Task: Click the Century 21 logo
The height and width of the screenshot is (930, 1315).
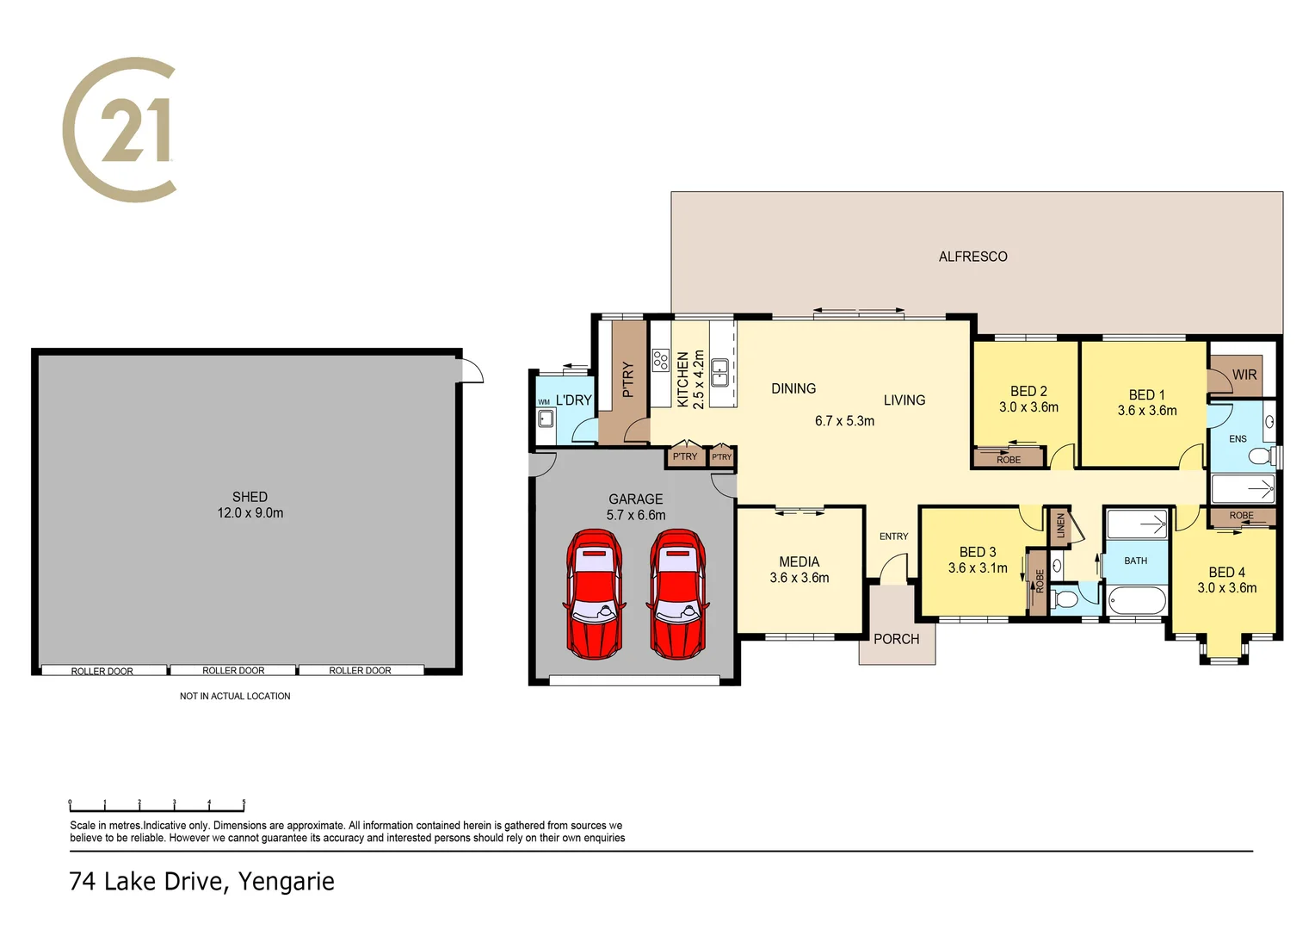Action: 120,130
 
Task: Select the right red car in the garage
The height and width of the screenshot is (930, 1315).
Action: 677,594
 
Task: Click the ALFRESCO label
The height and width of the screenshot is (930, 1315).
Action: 972,257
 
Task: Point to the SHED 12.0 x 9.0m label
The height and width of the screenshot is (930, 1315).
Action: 250,505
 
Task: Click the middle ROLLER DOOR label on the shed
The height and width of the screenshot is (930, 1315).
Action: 233,670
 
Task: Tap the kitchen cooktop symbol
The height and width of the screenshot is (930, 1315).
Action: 661,360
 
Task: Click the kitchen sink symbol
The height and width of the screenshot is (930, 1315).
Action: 719,372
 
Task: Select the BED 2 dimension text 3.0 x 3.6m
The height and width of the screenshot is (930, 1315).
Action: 1028,407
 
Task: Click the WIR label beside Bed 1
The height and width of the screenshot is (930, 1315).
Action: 1244,375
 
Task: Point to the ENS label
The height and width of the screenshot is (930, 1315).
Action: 1238,439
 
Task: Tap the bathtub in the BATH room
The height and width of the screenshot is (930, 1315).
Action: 1136,600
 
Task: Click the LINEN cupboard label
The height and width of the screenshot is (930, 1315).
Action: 1060,525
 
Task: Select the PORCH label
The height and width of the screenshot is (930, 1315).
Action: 896,639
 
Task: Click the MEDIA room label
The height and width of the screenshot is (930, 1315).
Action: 799,561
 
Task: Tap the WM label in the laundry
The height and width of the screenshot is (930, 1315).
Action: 544,402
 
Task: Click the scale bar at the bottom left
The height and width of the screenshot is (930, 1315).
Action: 157,805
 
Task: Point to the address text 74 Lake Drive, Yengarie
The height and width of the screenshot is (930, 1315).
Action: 201,882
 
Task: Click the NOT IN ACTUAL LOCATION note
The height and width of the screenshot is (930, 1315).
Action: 235,696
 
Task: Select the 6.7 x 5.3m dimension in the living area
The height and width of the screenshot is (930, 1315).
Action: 844,421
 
